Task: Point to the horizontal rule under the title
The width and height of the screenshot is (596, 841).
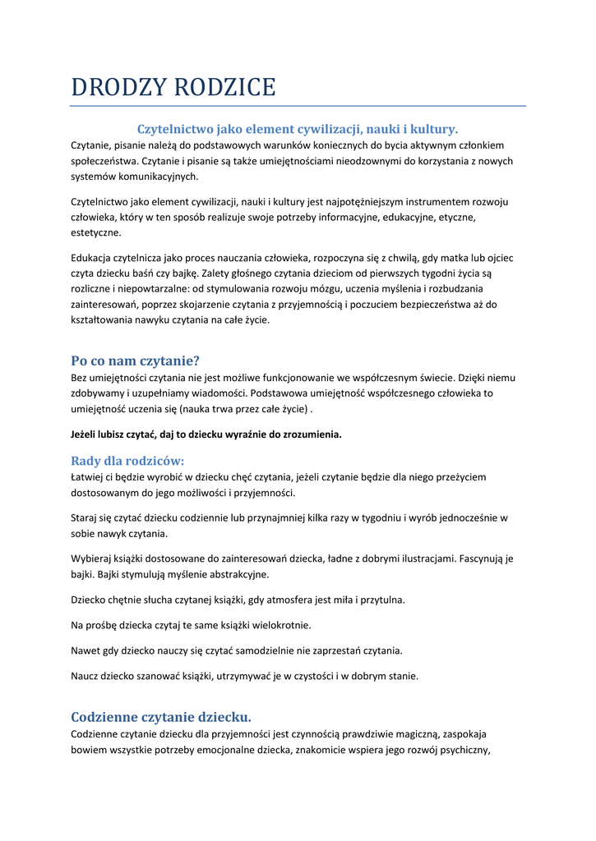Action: click(298, 106)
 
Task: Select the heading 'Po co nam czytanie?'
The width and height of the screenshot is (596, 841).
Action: click(135, 360)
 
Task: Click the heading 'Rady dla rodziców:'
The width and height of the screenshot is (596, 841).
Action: click(127, 461)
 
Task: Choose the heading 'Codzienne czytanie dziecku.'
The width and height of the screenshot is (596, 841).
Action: click(161, 716)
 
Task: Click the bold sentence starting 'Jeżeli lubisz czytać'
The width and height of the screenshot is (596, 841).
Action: click(206, 434)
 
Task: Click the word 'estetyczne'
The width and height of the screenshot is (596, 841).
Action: click(95, 232)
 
